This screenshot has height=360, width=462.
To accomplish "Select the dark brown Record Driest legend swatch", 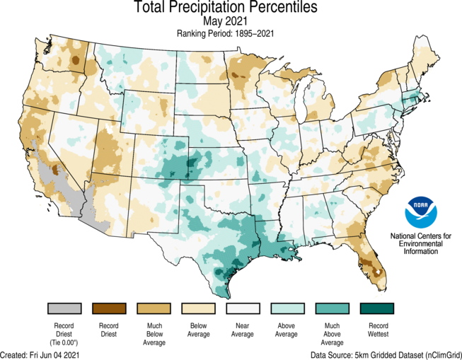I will pyautogui.click(x=109, y=309).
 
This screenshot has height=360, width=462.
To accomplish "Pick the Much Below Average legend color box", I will pyautogui.click(x=154, y=309).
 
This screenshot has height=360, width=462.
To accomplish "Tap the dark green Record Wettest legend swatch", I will pyautogui.click(x=376, y=309).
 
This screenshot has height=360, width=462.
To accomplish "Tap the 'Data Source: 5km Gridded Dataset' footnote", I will pyautogui.click(x=384, y=354).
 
